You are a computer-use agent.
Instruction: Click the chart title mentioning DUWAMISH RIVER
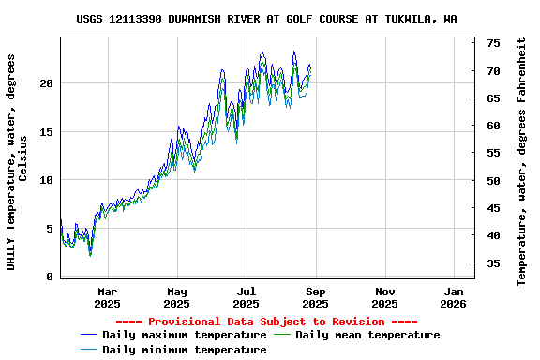pos(266,19)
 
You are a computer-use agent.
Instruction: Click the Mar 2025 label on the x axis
pos(107,297)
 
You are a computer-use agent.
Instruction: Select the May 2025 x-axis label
pos(176,297)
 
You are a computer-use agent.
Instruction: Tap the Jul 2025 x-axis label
pos(246,297)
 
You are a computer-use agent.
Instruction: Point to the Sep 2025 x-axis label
pos(315,297)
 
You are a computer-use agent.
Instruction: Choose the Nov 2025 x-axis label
pos(384,297)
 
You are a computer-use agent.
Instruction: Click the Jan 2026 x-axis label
pos(454,297)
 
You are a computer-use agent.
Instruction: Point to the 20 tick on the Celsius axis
pos(47,83)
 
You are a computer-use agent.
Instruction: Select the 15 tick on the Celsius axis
pos(47,132)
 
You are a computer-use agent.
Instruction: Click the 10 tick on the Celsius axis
pos(47,180)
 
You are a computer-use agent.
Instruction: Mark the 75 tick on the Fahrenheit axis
pos(493,43)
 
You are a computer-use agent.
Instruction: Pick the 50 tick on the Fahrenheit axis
pos(493,180)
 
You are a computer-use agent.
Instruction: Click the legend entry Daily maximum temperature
pos(184,335)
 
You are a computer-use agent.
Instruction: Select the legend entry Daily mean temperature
pos(367,335)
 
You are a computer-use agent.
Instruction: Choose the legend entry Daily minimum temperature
pos(184,350)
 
